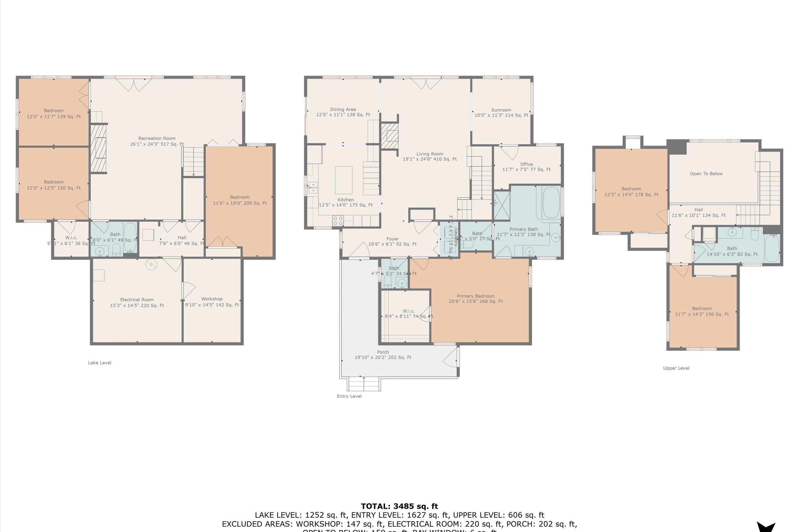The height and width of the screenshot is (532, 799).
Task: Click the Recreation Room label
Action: tap(157, 138)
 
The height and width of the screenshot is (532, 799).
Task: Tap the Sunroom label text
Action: tap(501, 110)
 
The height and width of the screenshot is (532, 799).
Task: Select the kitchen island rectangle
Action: tap(344, 180)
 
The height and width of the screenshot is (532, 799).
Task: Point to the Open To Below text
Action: tap(706, 174)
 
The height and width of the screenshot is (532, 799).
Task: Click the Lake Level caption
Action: tap(100, 363)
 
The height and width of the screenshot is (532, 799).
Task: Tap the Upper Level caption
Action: tap(676, 368)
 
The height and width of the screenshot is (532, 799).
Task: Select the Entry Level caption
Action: tap(349, 396)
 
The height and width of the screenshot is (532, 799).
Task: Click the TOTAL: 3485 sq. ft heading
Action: tap(399, 506)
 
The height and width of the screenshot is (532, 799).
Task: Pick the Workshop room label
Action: tap(212, 299)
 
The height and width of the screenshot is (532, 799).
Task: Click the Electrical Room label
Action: tap(137, 300)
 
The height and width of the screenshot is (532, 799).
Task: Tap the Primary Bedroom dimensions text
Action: tap(476, 301)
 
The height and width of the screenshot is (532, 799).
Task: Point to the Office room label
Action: tap(527, 164)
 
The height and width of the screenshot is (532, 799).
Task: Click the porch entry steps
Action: tap(364, 384)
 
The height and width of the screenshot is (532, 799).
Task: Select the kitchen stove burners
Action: tap(338, 221)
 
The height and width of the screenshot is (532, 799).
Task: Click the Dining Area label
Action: tap(343, 109)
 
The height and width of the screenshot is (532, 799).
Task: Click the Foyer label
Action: tap(392, 239)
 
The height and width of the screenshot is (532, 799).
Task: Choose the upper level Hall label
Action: tap(698, 210)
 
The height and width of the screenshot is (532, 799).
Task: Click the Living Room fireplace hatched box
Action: tap(389, 136)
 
